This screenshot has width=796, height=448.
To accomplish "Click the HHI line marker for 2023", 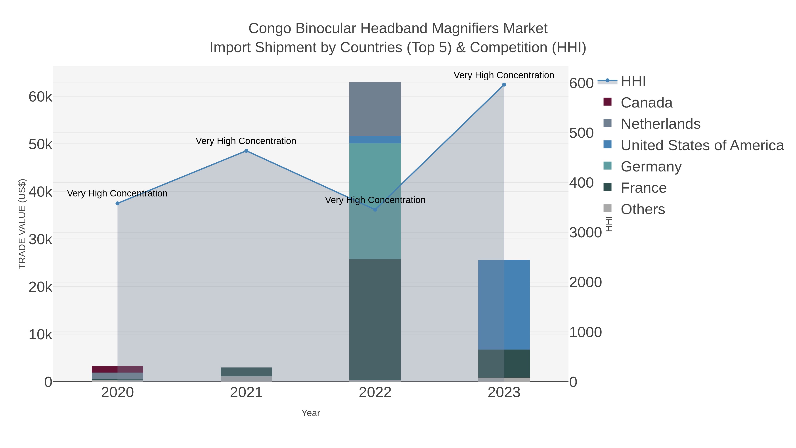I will click(x=504, y=85).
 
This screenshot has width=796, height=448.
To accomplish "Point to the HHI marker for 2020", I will click(x=117, y=204).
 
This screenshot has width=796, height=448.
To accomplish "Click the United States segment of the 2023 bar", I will click(x=504, y=305).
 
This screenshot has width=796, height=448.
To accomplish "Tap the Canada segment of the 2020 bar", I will click(x=117, y=369).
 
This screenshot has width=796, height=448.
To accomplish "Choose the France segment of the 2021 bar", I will click(x=246, y=372).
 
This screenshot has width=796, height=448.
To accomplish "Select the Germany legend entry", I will click(x=651, y=167).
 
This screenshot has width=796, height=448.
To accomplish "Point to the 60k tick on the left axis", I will click(x=40, y=97).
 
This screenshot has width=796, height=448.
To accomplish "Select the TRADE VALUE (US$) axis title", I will click(x=22, y=224).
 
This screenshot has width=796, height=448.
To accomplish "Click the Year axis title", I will click(x=311, y=413).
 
